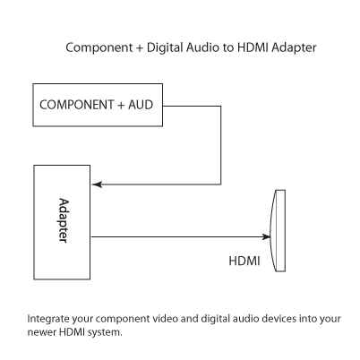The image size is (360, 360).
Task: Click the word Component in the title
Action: click(99, 48)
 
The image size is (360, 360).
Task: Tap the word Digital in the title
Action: click(165, 47)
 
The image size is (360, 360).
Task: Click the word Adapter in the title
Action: click(294, 48)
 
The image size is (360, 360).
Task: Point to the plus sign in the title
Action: click(140, 48)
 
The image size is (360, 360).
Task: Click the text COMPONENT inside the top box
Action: click(77, 105)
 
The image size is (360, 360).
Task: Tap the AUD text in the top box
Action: click(141, 105)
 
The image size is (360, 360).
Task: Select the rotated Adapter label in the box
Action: click(64, 220)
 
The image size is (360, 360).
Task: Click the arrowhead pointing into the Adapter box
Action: click(98, 184)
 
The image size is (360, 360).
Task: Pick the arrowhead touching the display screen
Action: click(266, 237)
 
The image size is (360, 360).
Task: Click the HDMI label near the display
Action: click(244, 261)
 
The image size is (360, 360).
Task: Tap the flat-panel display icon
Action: click(278, 231)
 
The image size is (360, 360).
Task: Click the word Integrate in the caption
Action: click(48, 319)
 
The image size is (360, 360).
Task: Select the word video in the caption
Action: click(166, 319)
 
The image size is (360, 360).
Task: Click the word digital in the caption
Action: click(215, 319)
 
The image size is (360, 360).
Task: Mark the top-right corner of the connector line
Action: click(221, 106)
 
